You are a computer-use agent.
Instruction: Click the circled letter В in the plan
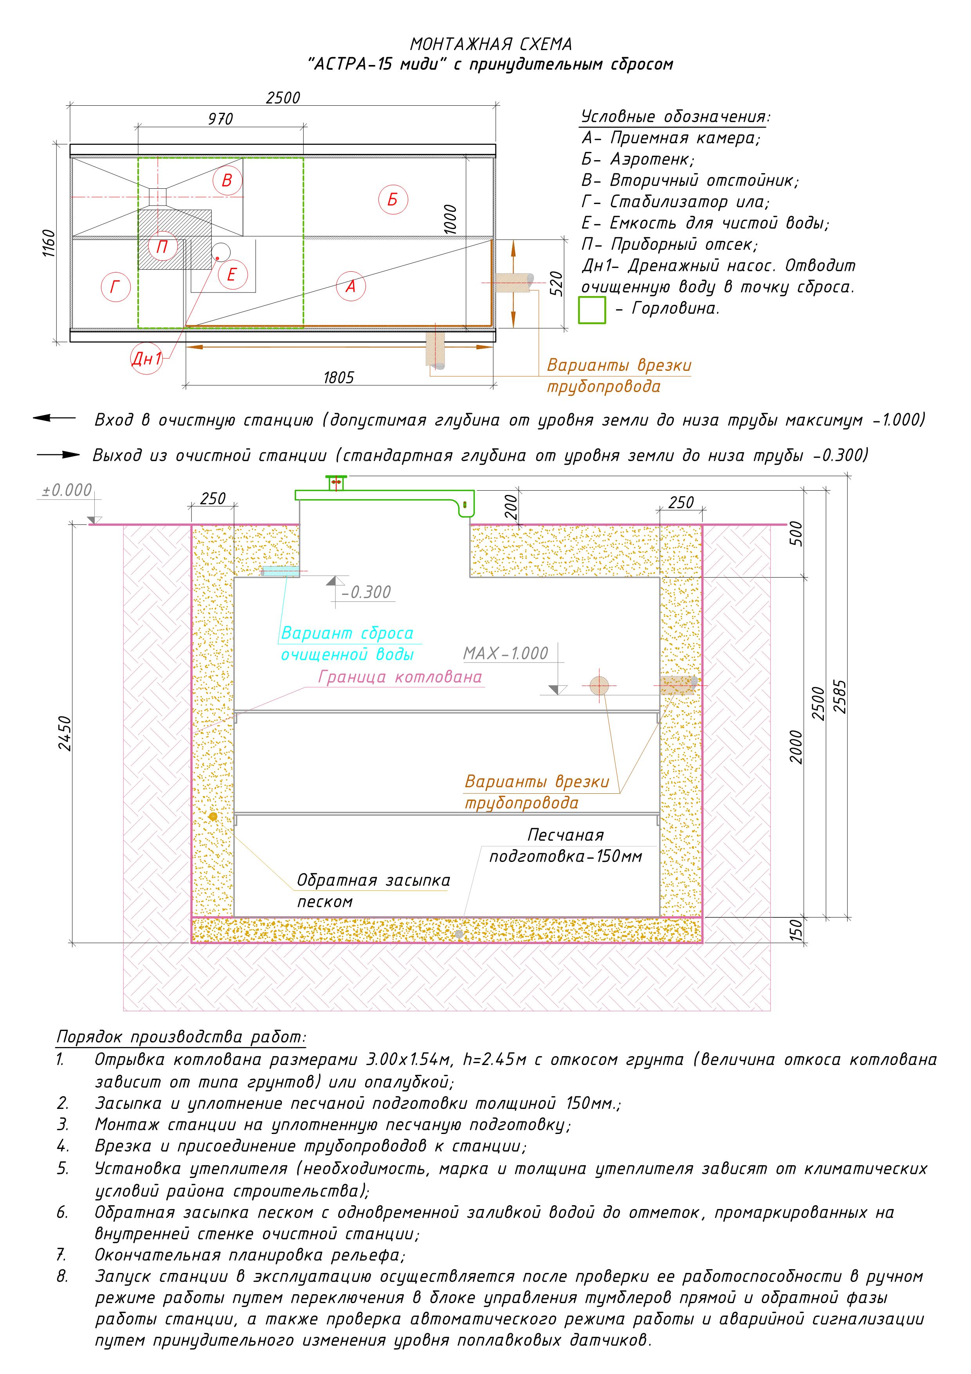click(x=227, y=181)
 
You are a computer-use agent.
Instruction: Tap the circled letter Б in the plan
click(x=393, y=199)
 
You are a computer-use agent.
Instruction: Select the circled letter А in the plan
click(x=351, y=287)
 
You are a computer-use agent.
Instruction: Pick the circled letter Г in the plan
click(x=115, y=287)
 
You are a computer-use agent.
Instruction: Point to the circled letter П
click(x=162, y=247)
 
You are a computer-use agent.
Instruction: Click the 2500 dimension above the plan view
click(x=283, y=97)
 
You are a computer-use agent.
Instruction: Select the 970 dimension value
click(x=220, y=119)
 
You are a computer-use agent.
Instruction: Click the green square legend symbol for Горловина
click(x=592, y=310)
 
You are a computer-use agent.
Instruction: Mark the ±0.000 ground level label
click(x=67, y=490)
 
